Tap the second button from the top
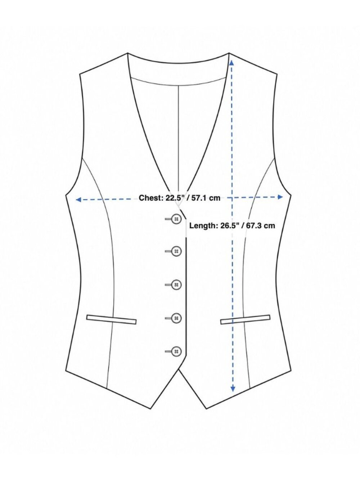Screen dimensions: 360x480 177,251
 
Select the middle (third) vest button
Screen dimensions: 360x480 177,285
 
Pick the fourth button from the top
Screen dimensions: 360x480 177,318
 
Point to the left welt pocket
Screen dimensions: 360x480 112,320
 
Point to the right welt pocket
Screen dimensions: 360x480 245,319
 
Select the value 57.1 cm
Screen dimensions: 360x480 207,198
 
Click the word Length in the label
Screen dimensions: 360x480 203,225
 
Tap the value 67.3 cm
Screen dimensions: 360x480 261,225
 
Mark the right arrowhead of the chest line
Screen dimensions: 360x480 280,197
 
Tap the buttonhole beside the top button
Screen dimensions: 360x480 168,219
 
